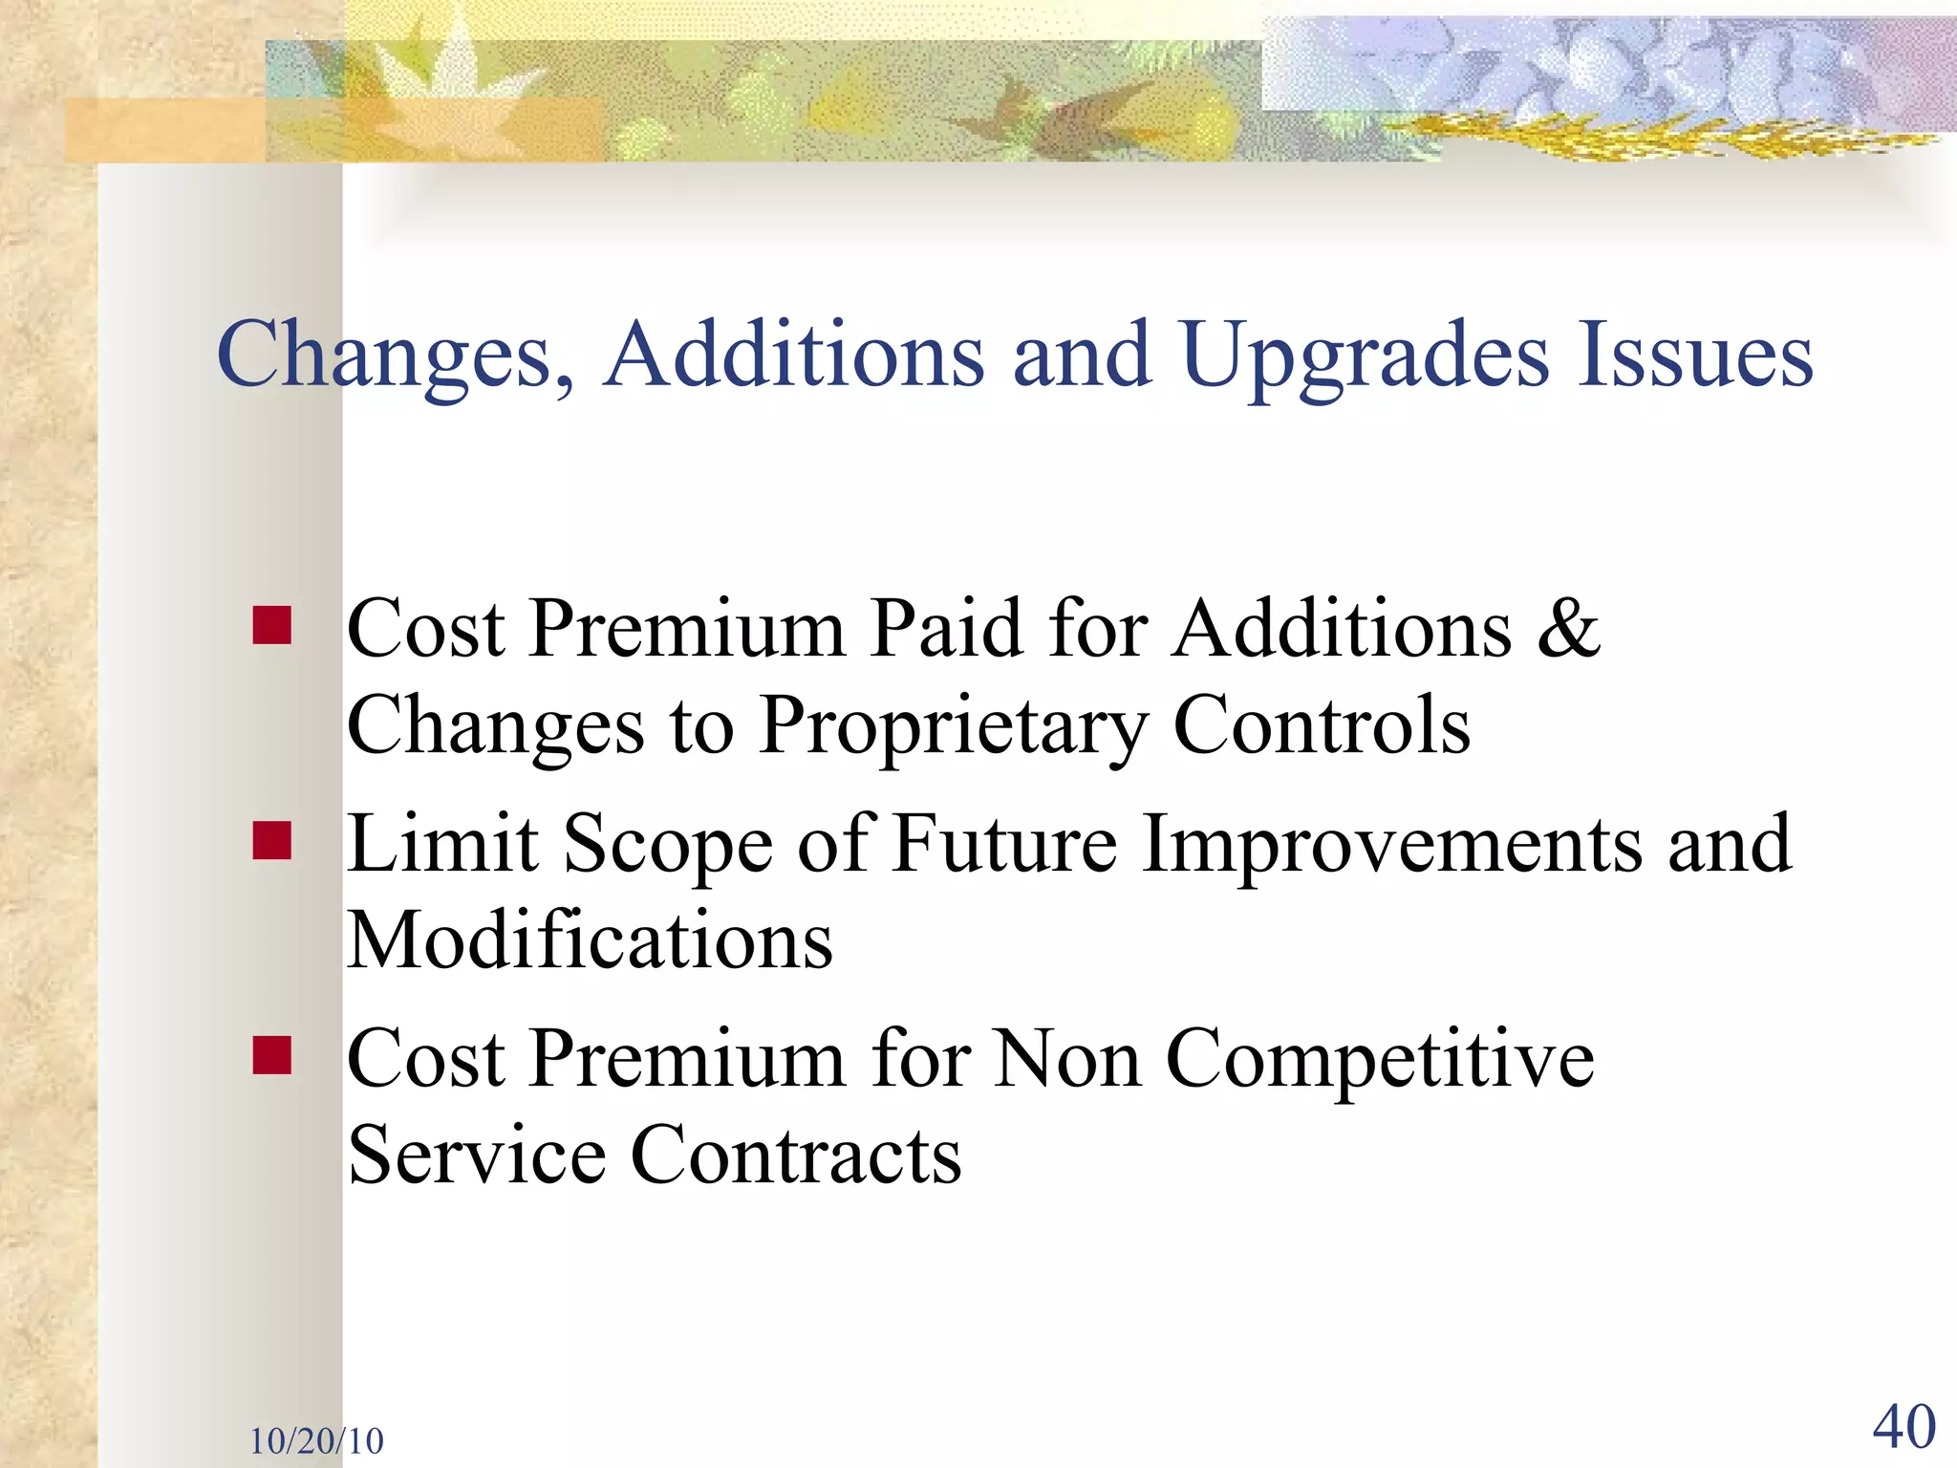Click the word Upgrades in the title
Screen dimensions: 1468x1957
(1365, 356)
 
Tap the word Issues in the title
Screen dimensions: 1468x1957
(1695, 356)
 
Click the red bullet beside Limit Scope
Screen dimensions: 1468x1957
(272, 841)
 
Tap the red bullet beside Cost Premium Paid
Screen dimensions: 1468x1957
(272, 626)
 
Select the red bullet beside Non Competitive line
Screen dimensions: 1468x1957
(272, 1056)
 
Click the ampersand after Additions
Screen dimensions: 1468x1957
(1568, 629)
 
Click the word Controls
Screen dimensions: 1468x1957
(1321, 726)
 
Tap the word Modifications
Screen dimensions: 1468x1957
(589, 940)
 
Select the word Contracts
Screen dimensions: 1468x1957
(796, 1155)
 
